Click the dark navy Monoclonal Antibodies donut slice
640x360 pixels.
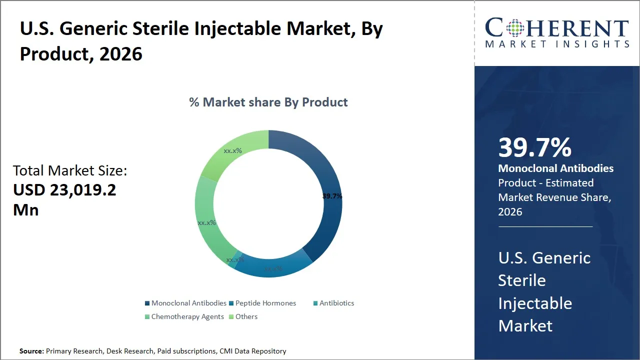[320, 170]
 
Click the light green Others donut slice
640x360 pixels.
[235, 150]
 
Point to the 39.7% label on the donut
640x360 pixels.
[332, 196]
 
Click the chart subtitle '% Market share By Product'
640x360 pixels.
[268, 102]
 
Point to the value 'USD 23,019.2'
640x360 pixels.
[64, 190]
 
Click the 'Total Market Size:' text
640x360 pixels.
[70, 170]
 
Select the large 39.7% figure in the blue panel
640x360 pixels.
[534, 148]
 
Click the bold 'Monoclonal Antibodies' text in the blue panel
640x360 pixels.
[555, 168]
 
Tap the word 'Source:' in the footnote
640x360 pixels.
[31, 351]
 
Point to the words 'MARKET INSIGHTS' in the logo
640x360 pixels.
[557, 44]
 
